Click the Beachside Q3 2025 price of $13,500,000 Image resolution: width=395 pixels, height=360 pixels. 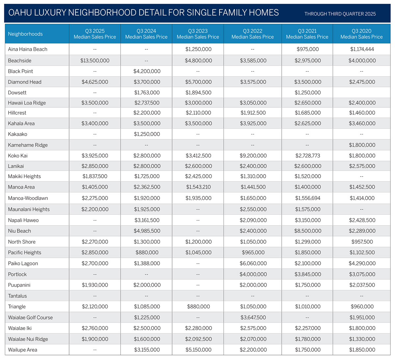[x=95, y=60]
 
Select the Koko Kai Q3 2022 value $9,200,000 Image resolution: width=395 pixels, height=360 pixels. [x=253, y=156]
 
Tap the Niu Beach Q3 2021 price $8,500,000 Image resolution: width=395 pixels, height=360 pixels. [x=307, y=231]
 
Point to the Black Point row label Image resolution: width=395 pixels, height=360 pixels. [x=20, y=71]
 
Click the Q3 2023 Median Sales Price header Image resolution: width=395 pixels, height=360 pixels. [x=198, y=34]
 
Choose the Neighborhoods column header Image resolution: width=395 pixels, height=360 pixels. [x=25, y=34]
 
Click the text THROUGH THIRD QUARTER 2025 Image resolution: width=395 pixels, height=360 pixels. [x=340, y=14]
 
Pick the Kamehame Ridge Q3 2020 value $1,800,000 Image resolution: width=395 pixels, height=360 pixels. [x=362, y=145]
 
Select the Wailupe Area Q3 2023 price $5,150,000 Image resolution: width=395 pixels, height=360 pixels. [x=198, y=350]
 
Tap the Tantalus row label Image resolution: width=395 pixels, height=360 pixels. [x=17, y=296]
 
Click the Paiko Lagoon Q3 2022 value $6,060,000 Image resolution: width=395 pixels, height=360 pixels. [x=253, y=263]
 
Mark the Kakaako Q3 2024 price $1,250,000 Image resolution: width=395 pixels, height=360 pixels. [x=147, y=134]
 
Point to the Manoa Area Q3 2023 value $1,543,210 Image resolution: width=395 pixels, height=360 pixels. [x=198, y=187]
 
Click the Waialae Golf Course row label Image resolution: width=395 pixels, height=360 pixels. [x=30, y=318]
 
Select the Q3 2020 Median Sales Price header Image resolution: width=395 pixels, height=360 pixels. [x=361, y=34]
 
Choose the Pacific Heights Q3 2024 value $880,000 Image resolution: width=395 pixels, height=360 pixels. [x=147, y=252]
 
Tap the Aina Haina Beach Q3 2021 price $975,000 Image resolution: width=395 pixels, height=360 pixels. [x=307, y=49]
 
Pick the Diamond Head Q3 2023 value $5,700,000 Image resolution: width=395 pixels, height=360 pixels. [x=198, y=82]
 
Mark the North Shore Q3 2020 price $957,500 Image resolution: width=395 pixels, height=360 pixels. [x=362, y=242]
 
